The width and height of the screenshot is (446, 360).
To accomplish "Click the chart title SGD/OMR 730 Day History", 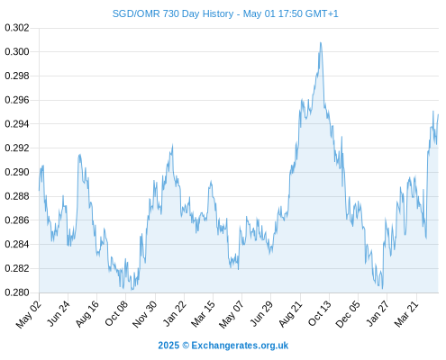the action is coord(173,13).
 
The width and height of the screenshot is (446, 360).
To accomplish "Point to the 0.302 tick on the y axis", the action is coord(17,28).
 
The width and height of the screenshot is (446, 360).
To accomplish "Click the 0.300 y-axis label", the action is coord(17,52).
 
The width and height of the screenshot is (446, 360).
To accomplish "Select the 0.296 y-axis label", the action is coord(17,100).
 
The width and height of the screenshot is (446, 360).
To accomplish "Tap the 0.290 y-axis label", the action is coord(17,172).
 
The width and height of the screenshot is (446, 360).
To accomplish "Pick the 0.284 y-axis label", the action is coord(17,244).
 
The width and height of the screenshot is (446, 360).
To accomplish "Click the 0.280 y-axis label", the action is coord(17,292).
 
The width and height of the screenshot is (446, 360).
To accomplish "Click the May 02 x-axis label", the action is coord(28,314).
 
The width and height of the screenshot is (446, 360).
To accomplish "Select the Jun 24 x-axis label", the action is coord(59,313).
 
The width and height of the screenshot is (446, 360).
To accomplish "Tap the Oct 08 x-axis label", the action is coord(116,313).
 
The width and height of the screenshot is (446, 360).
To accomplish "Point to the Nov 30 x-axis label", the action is coord(144,314).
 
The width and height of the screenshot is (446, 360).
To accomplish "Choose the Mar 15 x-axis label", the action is coord(203,314).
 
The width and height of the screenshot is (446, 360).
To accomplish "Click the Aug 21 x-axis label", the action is coord(290,314).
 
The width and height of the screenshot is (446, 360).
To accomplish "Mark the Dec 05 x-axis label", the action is coord(348,314).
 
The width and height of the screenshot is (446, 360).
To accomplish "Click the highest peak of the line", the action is coord(321,42).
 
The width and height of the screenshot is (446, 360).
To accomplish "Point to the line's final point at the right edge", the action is coord(438,114).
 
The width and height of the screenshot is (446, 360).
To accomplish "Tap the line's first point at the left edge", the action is coord(39,190).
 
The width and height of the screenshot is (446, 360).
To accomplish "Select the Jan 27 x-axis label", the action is coord(378,313).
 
